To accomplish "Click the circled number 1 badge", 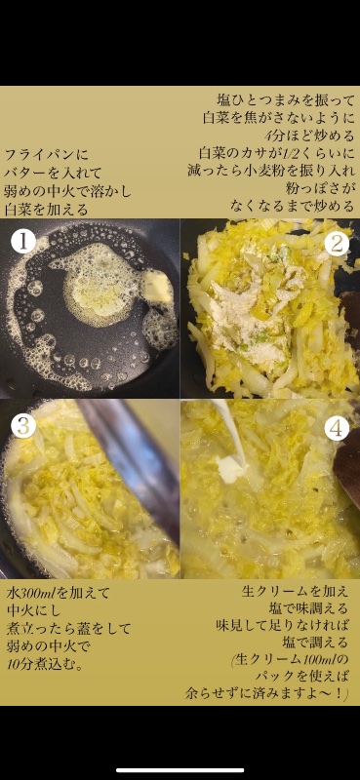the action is tap(23, 242).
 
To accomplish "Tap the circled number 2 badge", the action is tap(337, 244).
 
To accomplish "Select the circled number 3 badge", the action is tap(23, 426).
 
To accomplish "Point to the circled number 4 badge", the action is tap(337, 428).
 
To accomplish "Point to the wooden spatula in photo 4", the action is tap(346, 467).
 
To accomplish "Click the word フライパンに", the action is tap(47, 154).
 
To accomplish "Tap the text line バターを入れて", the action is tap(54, 173).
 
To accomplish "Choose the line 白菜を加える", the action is tap(47, 210).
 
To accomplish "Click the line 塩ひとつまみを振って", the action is tap(287, 100).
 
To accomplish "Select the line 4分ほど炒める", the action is tap(309, 136).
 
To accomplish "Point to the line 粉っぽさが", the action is tap(321, 187).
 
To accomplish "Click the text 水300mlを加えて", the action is tap(59, 593).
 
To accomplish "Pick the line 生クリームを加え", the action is tap(296, 592).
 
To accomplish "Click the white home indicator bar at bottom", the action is tap(180, 770).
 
